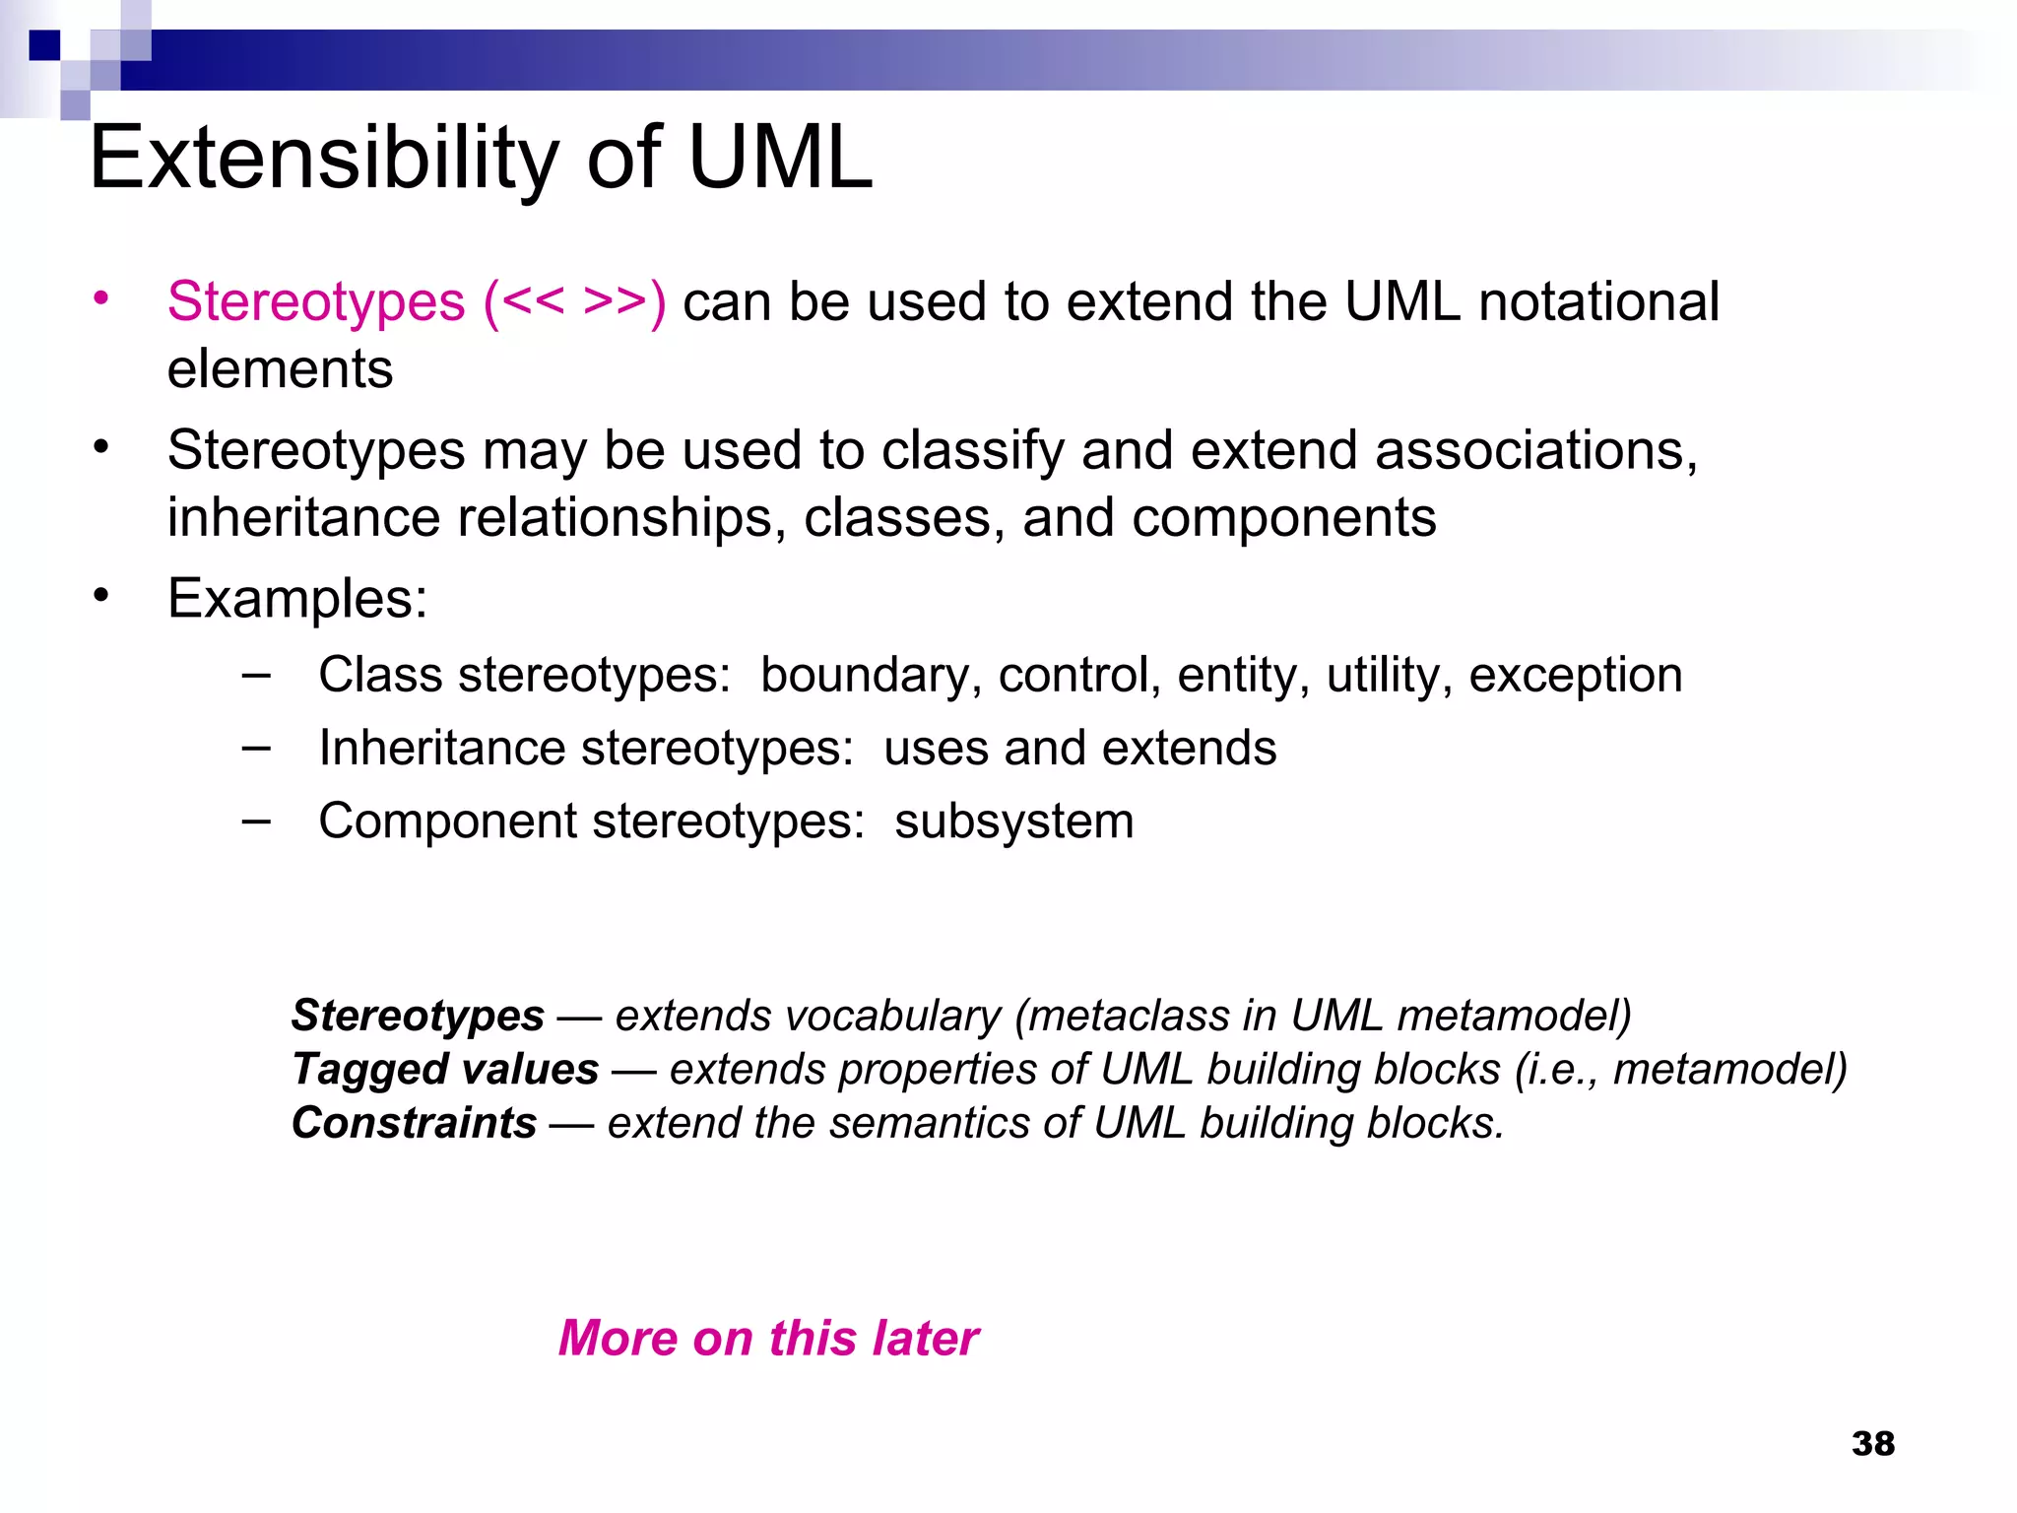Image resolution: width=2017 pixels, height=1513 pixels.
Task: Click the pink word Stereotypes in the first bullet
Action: (x=315, y=301)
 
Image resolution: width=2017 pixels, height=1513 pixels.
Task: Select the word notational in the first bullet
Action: (x=1598, y=301)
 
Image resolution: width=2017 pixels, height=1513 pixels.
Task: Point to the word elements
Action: (x=280, y=369)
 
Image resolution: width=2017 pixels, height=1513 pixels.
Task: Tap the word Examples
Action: (x=297, y=598)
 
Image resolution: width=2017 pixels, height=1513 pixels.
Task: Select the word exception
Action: (x=1575, y=676)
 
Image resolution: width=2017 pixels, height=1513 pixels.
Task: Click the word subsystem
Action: (x=1013, y=821)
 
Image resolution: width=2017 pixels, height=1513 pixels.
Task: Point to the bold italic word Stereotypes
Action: (x=418, y=1016)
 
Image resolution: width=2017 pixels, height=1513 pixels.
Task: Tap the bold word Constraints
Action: (x=414, y=1123)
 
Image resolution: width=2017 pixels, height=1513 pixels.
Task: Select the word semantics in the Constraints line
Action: (x=931, y=1123)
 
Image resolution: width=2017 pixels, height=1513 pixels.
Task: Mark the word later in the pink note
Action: (x=925, y=1339)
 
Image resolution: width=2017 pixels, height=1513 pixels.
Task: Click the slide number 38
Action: (x=1872, y=1444)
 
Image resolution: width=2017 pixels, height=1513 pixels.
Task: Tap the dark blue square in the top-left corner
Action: (x=44, y=45)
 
